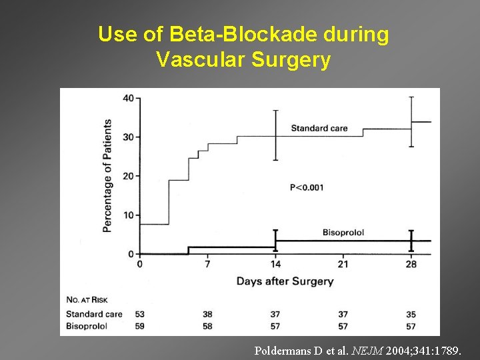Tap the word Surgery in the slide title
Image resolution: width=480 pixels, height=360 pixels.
tap(291, 60)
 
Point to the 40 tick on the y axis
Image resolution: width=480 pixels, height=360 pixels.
tap(127, 98)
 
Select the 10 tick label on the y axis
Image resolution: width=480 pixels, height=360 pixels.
tap(127, 215)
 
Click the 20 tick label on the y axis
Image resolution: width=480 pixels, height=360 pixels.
tap(127, 176)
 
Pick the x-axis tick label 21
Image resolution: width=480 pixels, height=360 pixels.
tap(343, 265)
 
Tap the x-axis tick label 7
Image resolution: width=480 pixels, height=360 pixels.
tap(207, 265)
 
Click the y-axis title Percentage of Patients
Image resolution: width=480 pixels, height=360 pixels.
tap(107, 175)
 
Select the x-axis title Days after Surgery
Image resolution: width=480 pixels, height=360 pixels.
tap(285, 281)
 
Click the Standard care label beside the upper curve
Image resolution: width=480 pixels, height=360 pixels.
tap(319, 129)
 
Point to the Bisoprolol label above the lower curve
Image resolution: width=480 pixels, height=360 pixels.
tap(343, 232)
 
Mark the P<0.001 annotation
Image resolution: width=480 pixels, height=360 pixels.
tap(307, 187)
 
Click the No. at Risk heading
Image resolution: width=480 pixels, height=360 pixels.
tap(87, 298)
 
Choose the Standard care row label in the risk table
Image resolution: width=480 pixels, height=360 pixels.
tap(94, 313)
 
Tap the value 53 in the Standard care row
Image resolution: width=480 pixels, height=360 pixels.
tap(139, 313)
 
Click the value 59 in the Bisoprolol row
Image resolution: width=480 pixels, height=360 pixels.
tap(139, 325)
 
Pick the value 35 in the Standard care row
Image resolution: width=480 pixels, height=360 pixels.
tap(411, 313)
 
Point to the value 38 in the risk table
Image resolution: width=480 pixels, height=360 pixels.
tap(207, 313)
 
